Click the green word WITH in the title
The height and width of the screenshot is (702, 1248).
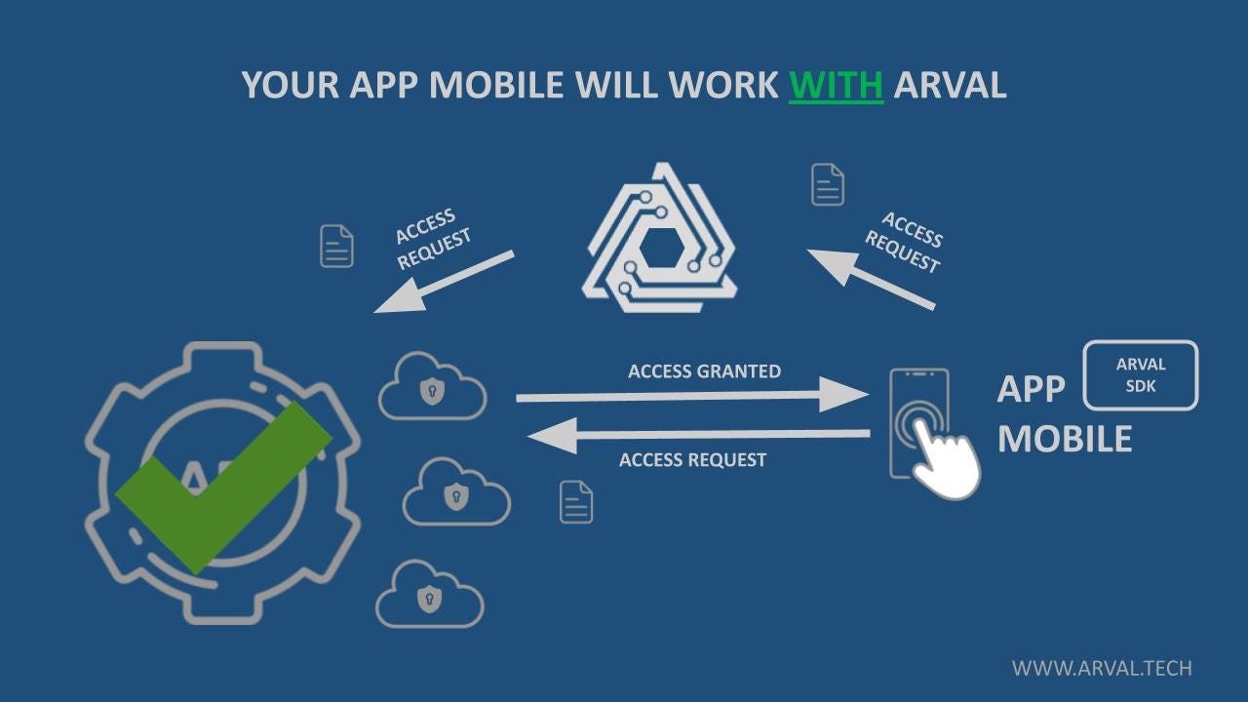(x=836, y=85)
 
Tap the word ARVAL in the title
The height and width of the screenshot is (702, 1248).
(x=950, y=85)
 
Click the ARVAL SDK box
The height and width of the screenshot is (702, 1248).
(x=1141, y=375)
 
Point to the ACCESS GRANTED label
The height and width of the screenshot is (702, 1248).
(x=704, y=371)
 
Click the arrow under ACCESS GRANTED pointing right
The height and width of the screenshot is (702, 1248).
(x=691, y=397)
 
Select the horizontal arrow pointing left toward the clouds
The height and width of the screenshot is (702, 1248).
(x=698, y=434)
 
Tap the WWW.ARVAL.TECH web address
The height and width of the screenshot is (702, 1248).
(x=1101, y=669)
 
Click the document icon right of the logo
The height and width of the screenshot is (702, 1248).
(x=828, y=185)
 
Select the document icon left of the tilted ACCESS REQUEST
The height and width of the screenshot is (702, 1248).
(x=336, y=246)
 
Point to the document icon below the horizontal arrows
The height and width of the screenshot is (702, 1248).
(x=576, y=502)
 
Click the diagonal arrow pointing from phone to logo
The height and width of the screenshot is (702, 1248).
(x=871, y=279)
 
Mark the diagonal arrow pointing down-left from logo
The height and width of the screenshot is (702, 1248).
(x=445, y=282)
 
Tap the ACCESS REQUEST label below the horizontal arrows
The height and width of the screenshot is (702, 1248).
(x=692, y=460)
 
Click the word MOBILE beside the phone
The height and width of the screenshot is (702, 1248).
(x=1064, y=439)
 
